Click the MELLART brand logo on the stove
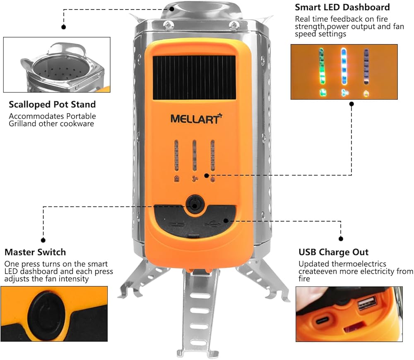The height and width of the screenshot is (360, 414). click(x=196, y=119)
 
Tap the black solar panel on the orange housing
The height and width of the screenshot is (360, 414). click(x=194, y=77)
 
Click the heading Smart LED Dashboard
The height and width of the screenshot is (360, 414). click(x=342, y=7)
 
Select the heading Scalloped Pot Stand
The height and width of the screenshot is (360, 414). click(x=52, y=104)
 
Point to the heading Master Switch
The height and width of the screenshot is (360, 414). click(x=35, y=252)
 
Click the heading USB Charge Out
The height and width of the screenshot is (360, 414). click(x=333, y=252)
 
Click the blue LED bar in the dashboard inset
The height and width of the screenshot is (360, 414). click(x=343, y=66)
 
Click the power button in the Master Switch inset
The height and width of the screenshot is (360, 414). click(x=46, y=310)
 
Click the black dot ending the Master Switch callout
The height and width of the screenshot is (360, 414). click(x=43, y=240)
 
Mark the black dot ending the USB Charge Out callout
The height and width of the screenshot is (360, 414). click(x=341, y=239)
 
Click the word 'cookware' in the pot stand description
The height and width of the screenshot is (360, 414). click(x=79, y=123)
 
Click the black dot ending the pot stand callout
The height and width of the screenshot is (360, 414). click(x=64, y=27)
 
